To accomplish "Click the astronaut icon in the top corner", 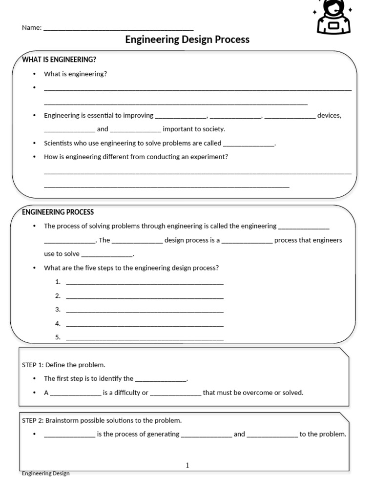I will [334, 17].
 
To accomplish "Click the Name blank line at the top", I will [118, 28].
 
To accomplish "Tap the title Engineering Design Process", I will [187, 40].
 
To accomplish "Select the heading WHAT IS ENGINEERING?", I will [59, 60].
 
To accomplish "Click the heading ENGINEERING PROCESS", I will [58, 212].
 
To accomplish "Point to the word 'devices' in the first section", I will [329, 116].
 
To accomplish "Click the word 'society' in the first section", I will [213, 129].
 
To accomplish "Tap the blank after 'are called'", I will [249, 144].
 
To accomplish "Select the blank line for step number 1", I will [145, 282].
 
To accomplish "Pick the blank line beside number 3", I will [145, 310].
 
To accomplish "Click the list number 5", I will [58, 337].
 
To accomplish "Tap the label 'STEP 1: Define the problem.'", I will [63, 365].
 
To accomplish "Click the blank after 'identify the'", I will [161, 379].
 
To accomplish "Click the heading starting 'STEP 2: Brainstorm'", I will [102, 420].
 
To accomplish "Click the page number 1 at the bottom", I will [187, 465].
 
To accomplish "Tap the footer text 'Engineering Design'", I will [46, 473].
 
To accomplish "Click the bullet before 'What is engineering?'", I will [34, 74].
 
